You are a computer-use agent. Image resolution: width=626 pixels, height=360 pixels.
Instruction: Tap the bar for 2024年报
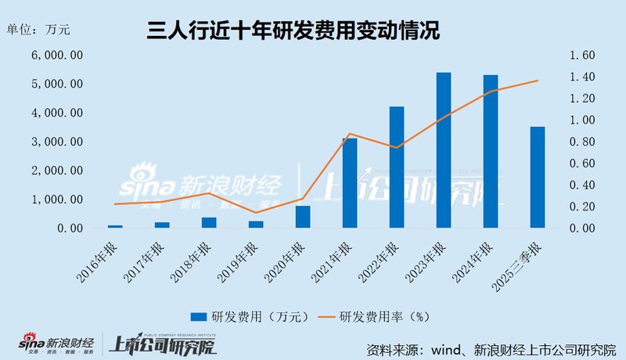click(491, 152)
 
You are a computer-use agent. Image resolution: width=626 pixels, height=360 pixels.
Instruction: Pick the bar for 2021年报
click(350, 183)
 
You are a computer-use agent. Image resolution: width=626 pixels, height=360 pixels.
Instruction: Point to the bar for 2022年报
click(397, 167)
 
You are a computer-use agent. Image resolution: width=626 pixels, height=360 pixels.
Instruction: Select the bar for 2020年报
click(303, 217)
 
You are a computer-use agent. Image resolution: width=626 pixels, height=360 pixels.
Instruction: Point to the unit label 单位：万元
click(38, 31)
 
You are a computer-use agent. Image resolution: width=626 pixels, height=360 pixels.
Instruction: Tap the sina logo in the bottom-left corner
click(31, 344)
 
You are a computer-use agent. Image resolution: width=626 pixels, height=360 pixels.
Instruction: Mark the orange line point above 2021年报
click(350, 134)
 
